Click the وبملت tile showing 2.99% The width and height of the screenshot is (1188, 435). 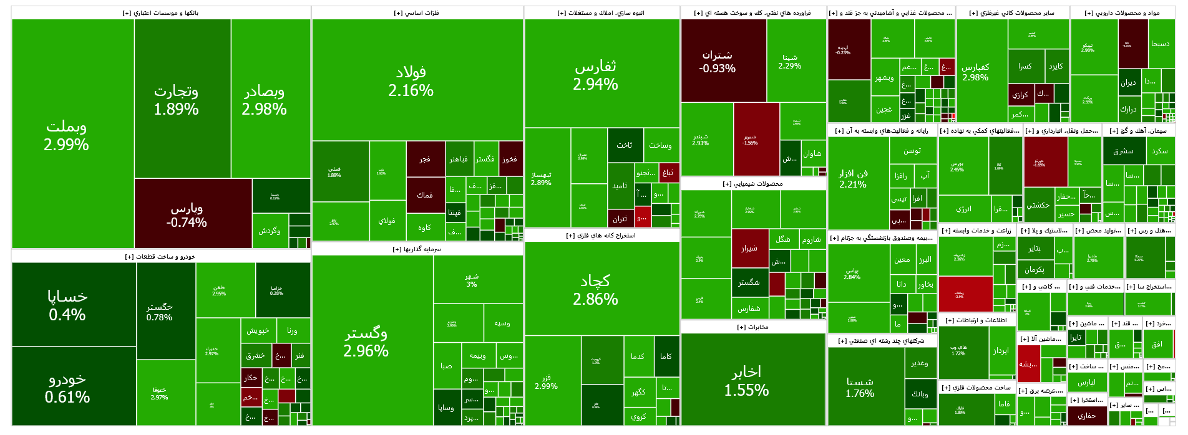[x=66, y=135]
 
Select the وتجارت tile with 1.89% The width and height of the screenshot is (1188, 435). [x=176, y=100]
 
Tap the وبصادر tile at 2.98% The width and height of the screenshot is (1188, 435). [x=265, y=100]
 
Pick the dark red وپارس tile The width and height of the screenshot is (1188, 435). [x=187, y=214]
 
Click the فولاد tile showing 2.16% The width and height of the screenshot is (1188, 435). [x=411, y=81]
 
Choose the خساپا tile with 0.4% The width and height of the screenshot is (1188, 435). [x=67, y=305]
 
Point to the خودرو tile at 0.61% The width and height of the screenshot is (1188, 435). [x=67, y=387]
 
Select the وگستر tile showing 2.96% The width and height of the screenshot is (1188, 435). [x=366, y=342]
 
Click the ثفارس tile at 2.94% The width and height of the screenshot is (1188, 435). [x=595, y=75]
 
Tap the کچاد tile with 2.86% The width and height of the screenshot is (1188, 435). [x=595, y=290]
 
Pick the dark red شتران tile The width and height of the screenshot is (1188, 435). [x=717, y=61]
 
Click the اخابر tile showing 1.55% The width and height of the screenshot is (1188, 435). [x=746, y=381]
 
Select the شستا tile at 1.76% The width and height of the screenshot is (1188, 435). [x=860, y=387]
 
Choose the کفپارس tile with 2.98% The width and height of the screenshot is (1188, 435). [x=975, y=72]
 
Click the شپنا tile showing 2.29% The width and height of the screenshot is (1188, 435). [x=790, y=61]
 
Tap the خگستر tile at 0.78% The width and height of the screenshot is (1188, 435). [x=159, y=312]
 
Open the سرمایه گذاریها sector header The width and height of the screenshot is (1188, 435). [x=417, y=249]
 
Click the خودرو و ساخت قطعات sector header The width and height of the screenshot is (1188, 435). [x=160, y=257]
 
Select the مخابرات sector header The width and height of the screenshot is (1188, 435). [x=753, y=327]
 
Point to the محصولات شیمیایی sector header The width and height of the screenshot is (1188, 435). [x=753, y=184]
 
